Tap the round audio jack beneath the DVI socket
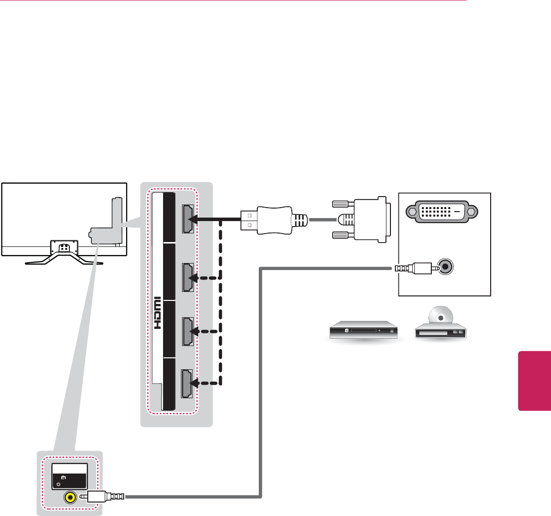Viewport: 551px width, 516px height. tap(445, 267)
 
